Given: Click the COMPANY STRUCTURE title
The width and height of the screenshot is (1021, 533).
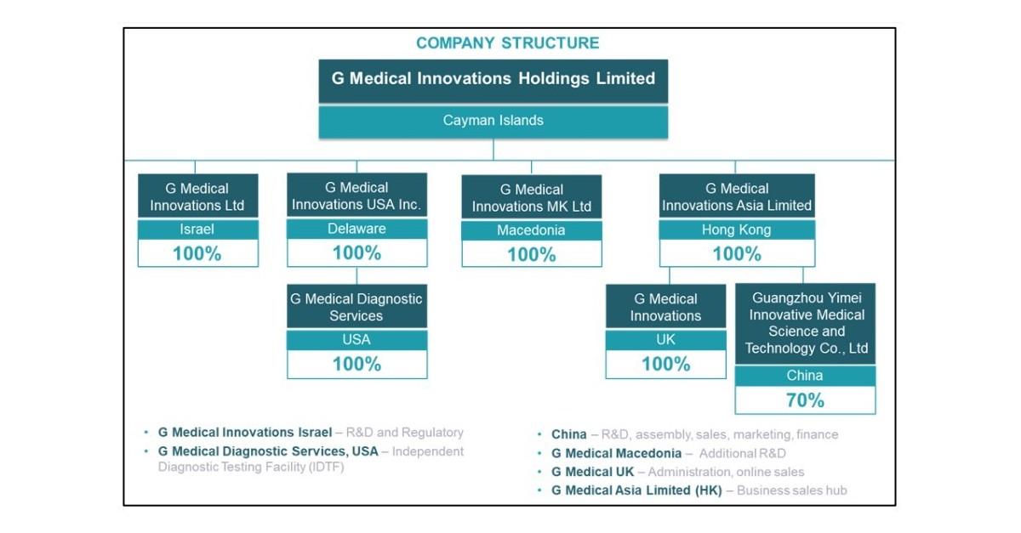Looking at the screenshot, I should (x=507, y=43).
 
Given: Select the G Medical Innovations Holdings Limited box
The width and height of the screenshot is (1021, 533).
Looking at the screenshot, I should (x=493, y=79).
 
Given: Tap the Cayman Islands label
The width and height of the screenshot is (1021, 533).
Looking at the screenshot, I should (x=493, y=121).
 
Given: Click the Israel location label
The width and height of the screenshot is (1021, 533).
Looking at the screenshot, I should (x=197, y=230).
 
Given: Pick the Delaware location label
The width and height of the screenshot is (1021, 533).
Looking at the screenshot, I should (x=356, y=229).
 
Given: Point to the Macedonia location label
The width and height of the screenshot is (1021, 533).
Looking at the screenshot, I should (x=531, y=230).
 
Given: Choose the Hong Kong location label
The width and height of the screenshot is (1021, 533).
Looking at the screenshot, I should (x=736, y=230).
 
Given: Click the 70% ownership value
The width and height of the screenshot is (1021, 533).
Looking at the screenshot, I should (x=804, y=400).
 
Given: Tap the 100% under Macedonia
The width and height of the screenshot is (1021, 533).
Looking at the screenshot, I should (x=531, y=254).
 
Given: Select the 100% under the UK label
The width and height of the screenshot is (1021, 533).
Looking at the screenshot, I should (x=665, y=364).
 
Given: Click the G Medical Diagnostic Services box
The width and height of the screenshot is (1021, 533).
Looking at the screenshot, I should (x=356, y=307).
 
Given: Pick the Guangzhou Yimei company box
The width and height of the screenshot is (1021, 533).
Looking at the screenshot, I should (x=806, y=323).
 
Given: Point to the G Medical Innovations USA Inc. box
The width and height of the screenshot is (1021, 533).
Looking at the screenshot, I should (x=356, y=196).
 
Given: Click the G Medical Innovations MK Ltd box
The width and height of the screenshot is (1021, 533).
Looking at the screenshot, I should (x=531, y=198).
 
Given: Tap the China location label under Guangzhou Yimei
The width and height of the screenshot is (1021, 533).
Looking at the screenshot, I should (x=804, y=375).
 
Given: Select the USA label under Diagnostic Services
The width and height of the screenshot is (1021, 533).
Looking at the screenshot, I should (x=356, y=339).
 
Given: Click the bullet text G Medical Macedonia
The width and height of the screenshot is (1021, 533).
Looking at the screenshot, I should (x=616, y=453).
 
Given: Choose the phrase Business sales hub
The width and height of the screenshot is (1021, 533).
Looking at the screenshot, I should (x=791, y=490).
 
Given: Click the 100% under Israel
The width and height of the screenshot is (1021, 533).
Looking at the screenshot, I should (x=197, y=253).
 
